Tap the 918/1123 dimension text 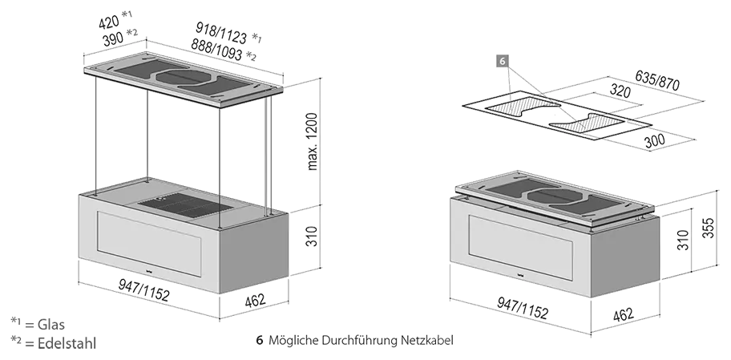[x=221, y=33]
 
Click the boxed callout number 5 [x=503, y=60]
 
